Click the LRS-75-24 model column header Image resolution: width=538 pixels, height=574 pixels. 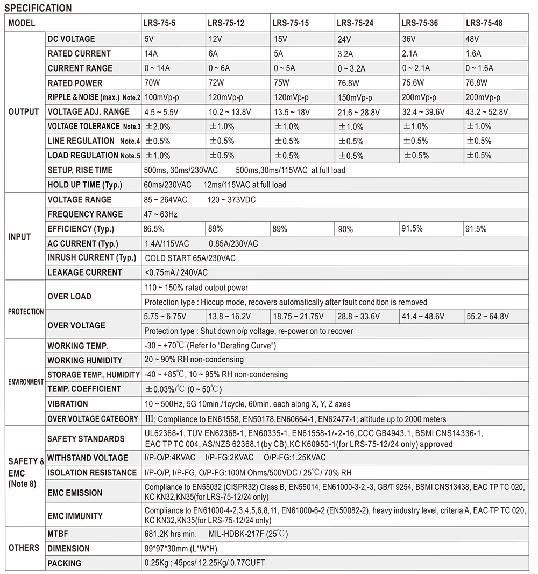click(x=355, y=23)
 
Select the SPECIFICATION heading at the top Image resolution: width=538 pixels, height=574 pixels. click(x=38, y=8)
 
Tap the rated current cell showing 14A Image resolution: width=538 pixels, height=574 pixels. click(x=150, y=54)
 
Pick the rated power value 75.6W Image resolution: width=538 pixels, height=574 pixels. click(x=413, y=83)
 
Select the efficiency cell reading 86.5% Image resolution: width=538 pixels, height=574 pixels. click(x=154, y=229)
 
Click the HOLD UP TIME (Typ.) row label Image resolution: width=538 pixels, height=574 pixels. click(x=85, y=185)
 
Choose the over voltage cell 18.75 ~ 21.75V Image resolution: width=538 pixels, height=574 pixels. click(x=298, y=317)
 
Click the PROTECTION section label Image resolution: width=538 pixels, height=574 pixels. click(x=26, y=312)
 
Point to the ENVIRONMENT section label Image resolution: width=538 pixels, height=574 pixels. click(x=26, y=382)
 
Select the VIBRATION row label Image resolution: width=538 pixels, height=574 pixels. click(x=68, y=404)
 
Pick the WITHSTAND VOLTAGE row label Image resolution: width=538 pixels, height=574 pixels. click(x=88, y=458)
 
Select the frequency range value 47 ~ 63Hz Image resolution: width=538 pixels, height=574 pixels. click(x=161, y=214)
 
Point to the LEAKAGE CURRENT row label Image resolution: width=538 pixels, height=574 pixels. click(x=84, y=272)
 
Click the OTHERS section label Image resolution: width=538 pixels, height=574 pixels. click(x=24, y=548)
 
